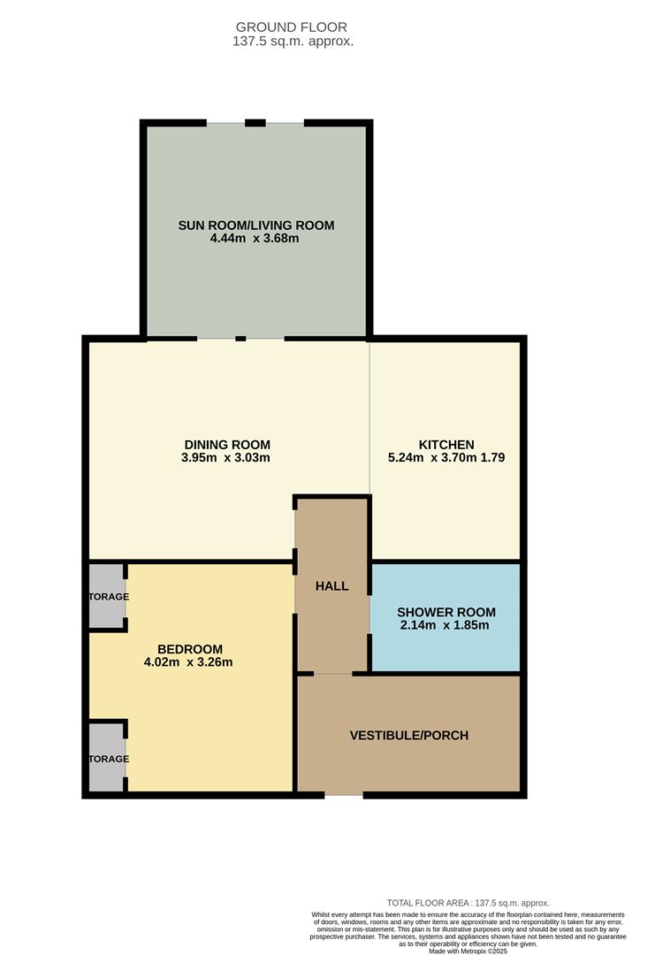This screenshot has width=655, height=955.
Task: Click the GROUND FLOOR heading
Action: pyautogui.click(x=292, y=27)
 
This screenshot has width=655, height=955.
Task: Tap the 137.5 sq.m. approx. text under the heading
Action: pyautogui.click(x=293, y=42)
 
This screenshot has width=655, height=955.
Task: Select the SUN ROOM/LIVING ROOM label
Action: pyautogui.click(x=256, y=225)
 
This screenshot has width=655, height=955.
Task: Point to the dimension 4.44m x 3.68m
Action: pyautogui.click(x=255, y=238)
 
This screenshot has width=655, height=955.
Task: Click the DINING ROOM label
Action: pyautogui.click(x=227, y=445)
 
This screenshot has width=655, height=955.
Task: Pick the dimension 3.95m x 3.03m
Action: pyautogui.click(x=225, y=457)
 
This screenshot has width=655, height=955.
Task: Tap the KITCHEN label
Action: pyautogui.click(x=446, y=445)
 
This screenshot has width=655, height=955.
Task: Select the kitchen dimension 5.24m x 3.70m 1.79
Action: pyautogui.click(x=446, y=457)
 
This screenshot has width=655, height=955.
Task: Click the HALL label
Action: pyautogui.click(x=331, y=586)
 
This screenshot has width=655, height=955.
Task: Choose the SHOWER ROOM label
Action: pyautogui.click(x=446, y=612)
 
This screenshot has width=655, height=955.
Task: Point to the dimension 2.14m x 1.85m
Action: pyautogui.click(x=445, y=625)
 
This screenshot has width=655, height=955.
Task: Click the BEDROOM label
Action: pyautogui.click(x=190, y=649)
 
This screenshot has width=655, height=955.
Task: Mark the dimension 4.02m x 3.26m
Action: pyautogui.click(x=188, y=662)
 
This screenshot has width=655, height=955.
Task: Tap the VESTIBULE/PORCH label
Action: pyautogui.click(x=409, y=735)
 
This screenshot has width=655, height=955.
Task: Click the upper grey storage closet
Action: pyautogui.click(x=107, y=596)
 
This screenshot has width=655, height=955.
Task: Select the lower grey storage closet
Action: pyautogui.click(x=107, y=758)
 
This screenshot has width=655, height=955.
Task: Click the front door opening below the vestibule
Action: pyautogui.click(x=344, y=795)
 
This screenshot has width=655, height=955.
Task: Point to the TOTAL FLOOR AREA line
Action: pyautogui.click(x=468, y=903)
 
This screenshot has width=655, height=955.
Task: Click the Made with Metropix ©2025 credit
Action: pyautogui.click(x=468, y=951)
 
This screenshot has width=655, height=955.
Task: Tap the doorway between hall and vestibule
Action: pyautogui.click(x=333, y=674)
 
